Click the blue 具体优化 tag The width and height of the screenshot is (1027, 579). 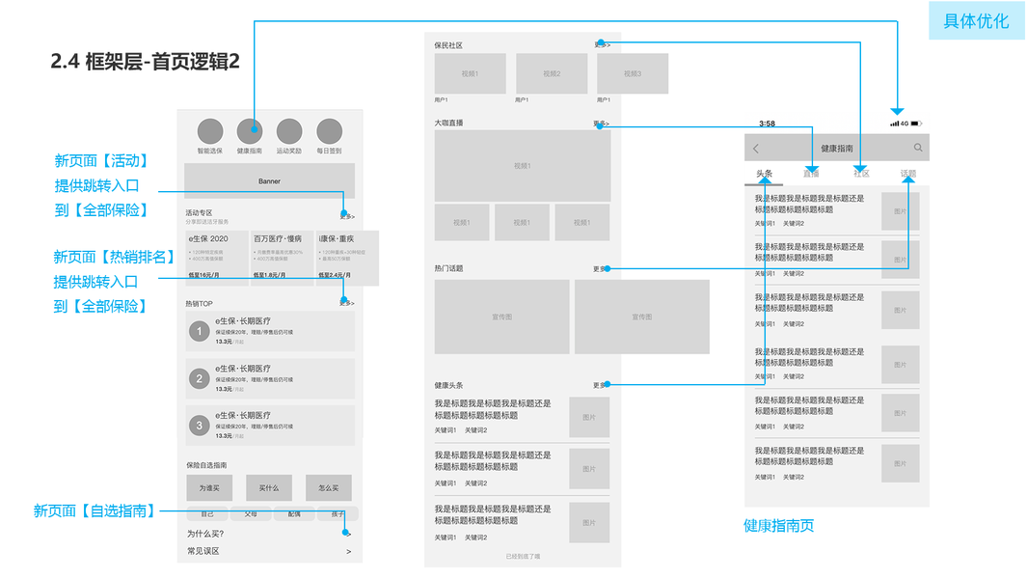coord(977,21)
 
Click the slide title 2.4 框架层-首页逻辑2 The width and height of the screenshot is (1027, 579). coord(145,61)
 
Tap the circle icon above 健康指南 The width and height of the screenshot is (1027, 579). coord(250,132)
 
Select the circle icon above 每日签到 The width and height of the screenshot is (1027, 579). coord(330,132)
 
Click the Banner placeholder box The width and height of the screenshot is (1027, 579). coord(269,181)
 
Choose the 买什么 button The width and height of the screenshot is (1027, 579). coord(269,488)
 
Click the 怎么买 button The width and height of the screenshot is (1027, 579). coord(328,488)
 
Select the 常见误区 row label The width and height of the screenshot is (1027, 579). coord(203,551)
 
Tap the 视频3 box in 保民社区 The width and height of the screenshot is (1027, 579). coord(633,74)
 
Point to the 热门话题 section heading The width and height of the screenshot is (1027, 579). coord(448,268)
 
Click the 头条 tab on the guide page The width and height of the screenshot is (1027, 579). coord(764,174)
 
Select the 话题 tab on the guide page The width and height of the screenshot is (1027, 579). coord(908,174)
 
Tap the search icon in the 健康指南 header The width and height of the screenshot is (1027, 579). coord(918,148)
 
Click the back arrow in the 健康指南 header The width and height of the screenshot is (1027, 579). coord(756,149)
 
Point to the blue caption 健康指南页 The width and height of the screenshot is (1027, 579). coord(778,526)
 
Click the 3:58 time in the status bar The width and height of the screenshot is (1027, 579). coord(767,124)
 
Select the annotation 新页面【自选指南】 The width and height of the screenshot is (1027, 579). coord(95,511)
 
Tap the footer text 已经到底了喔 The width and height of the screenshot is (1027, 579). coord(523,557)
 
